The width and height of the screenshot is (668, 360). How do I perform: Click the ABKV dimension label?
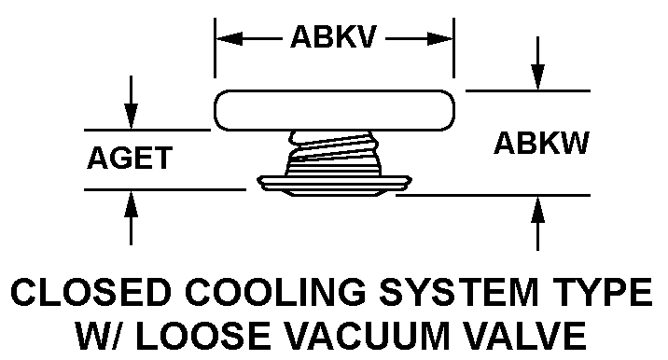[x=334, y=36]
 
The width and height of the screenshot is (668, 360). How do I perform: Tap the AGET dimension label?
[x=130, y=158]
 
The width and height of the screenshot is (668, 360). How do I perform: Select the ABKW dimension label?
[x=541, y=143]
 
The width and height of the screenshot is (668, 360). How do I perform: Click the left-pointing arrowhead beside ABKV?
[x=230, y=39]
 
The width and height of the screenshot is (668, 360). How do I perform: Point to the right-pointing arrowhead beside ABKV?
[x=440, y=39]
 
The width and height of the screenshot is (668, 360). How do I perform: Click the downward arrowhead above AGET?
[x=131, y=116]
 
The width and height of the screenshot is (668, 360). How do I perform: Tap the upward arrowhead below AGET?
[x=131, y=204]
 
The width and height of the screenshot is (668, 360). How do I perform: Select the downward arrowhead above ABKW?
[x=537, y=77]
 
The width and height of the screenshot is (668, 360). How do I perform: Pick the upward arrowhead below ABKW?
[x=537, y=210]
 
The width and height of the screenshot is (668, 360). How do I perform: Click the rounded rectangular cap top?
[x=334, y=110]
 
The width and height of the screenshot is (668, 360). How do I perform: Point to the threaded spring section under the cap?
[x=333, y=153]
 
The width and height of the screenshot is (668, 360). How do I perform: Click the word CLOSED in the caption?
[x=90, y=292]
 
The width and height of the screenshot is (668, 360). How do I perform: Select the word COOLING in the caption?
[x=275, y=292]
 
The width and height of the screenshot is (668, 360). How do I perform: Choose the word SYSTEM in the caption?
[x=459, y=292]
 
